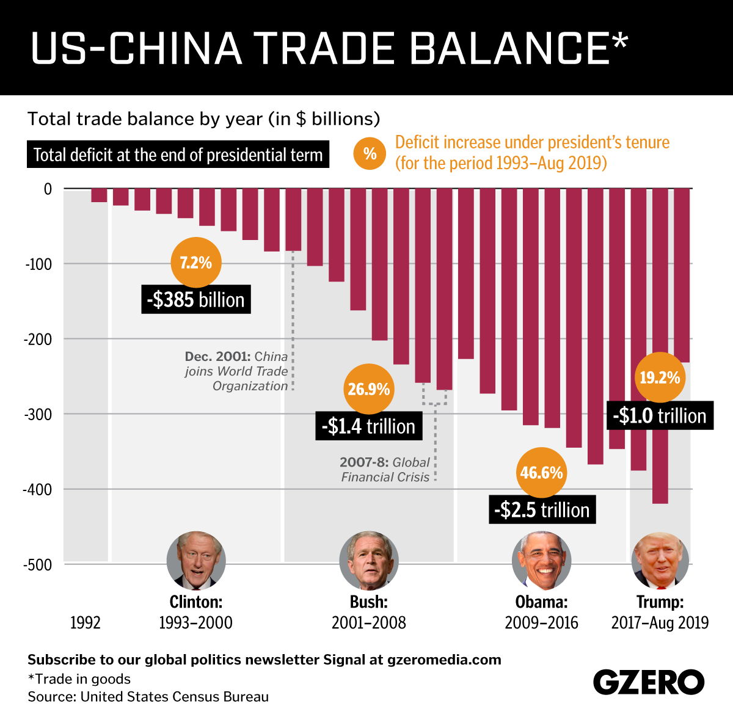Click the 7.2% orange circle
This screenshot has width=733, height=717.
coord(195,263)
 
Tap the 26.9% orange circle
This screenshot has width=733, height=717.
coord(369,389)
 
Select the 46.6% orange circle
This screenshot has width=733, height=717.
coord(541,473)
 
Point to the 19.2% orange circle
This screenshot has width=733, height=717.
coord(660,377)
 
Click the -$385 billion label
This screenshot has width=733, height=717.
coord(195,300)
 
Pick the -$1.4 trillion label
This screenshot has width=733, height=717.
coord(369,426)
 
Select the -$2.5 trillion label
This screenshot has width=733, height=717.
coord(542,510)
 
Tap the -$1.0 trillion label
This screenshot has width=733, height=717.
coord(660,416)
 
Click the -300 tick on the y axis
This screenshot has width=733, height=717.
coord(38,414)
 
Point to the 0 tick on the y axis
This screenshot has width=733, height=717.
coord(48,189)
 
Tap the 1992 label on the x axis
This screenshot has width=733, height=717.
coord(86,622)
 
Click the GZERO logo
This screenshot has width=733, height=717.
coord(649,682)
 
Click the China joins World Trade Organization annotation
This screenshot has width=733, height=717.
coord(237,371)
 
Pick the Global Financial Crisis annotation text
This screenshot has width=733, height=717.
coord(385,470)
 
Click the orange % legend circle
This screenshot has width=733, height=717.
coord(370,153)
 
